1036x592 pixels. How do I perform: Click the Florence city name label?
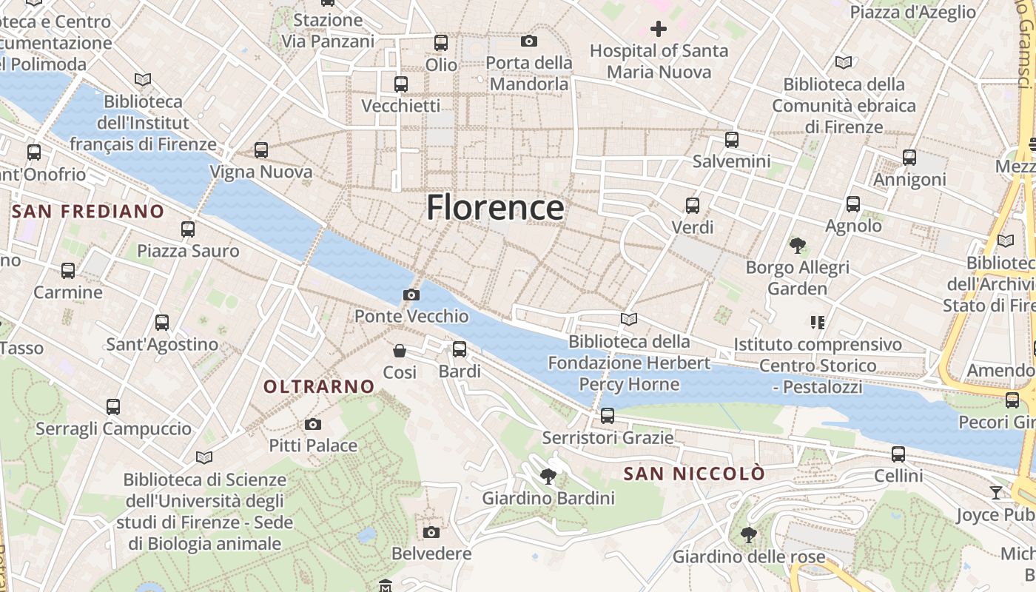pos(495,207)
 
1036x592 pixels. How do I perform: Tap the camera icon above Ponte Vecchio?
pos(411,295)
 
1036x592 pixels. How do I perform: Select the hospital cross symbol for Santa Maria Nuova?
pos(659,29)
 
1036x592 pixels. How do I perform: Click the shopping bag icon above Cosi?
pos(400,350)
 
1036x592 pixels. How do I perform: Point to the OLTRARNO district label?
pos(320,386)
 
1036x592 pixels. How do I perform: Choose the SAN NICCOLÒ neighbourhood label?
pos(694,474)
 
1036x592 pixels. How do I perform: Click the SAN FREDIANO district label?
pos(88,212)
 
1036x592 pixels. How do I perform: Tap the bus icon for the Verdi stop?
pos(693,206)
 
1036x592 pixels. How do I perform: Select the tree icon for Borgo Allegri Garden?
pos(797,245)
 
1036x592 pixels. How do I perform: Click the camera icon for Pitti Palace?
pos(313,424)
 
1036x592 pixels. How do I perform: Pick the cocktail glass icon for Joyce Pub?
pos(996,492)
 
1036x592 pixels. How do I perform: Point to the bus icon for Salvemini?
pos(732,139)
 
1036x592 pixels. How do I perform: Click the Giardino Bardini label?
pos(548,498)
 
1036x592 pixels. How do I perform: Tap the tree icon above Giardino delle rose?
pos(749,534)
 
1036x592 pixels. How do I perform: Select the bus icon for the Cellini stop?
pos(898,454)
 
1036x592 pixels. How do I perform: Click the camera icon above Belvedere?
pos(431,532)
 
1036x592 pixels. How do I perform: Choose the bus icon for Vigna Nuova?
pos(261,150)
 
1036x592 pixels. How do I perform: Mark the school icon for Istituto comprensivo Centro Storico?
pos(818,322)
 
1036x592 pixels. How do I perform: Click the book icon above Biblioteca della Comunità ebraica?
pos(844,62)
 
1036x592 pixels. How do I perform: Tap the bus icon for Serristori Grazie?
pos(608,416)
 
